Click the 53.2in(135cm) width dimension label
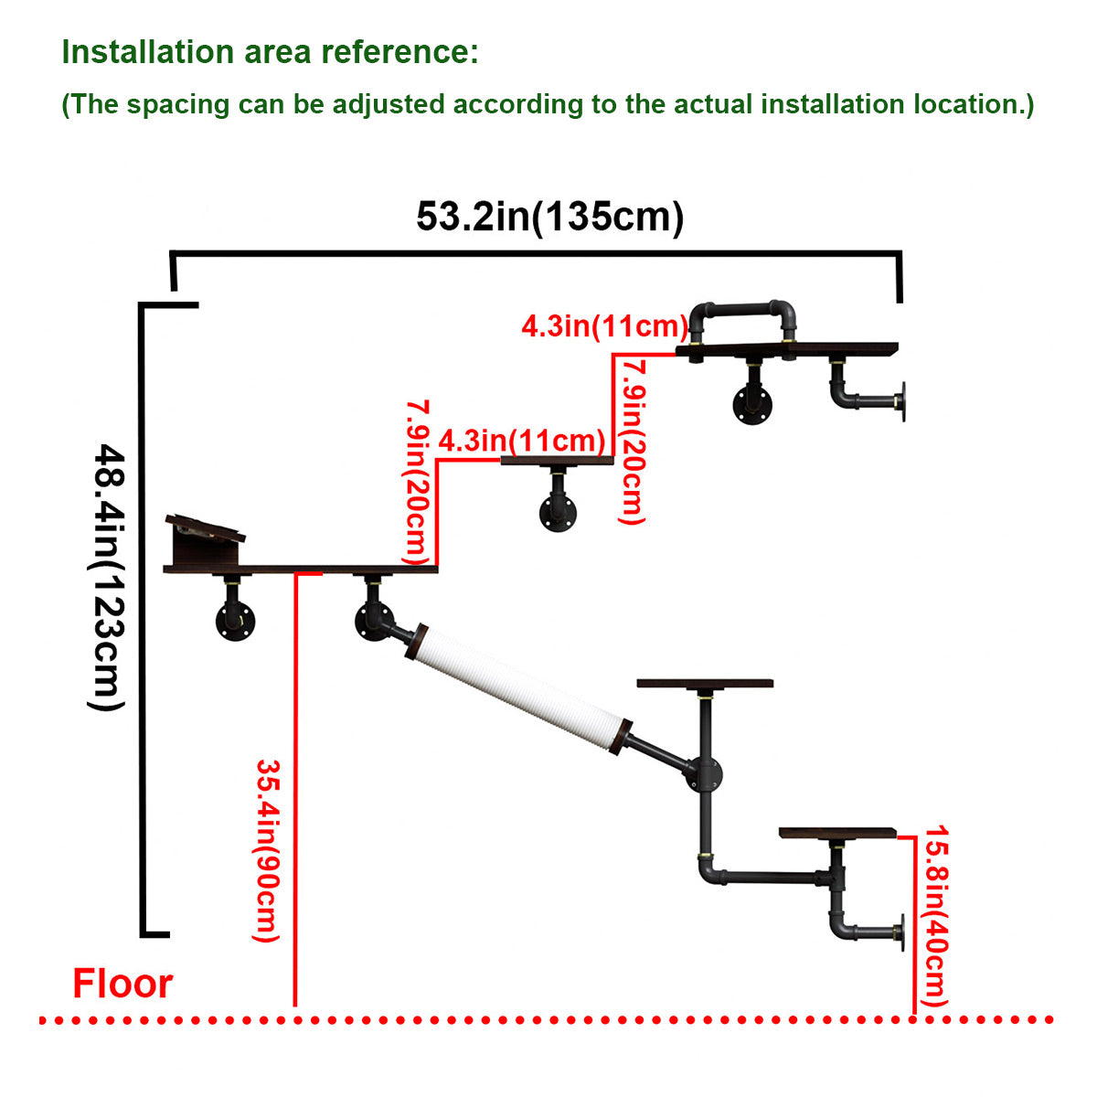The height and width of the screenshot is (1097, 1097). coord(549,218)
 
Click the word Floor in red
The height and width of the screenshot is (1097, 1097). coord(122,984)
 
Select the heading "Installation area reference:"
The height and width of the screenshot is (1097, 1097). coord(270,52)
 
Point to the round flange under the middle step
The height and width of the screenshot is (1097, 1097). coord(557,514)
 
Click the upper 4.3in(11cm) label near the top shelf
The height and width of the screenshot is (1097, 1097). coord(604,326)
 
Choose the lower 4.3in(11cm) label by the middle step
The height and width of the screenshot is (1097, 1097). coord(521,441)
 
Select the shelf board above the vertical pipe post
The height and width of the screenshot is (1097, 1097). coord(705,683)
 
